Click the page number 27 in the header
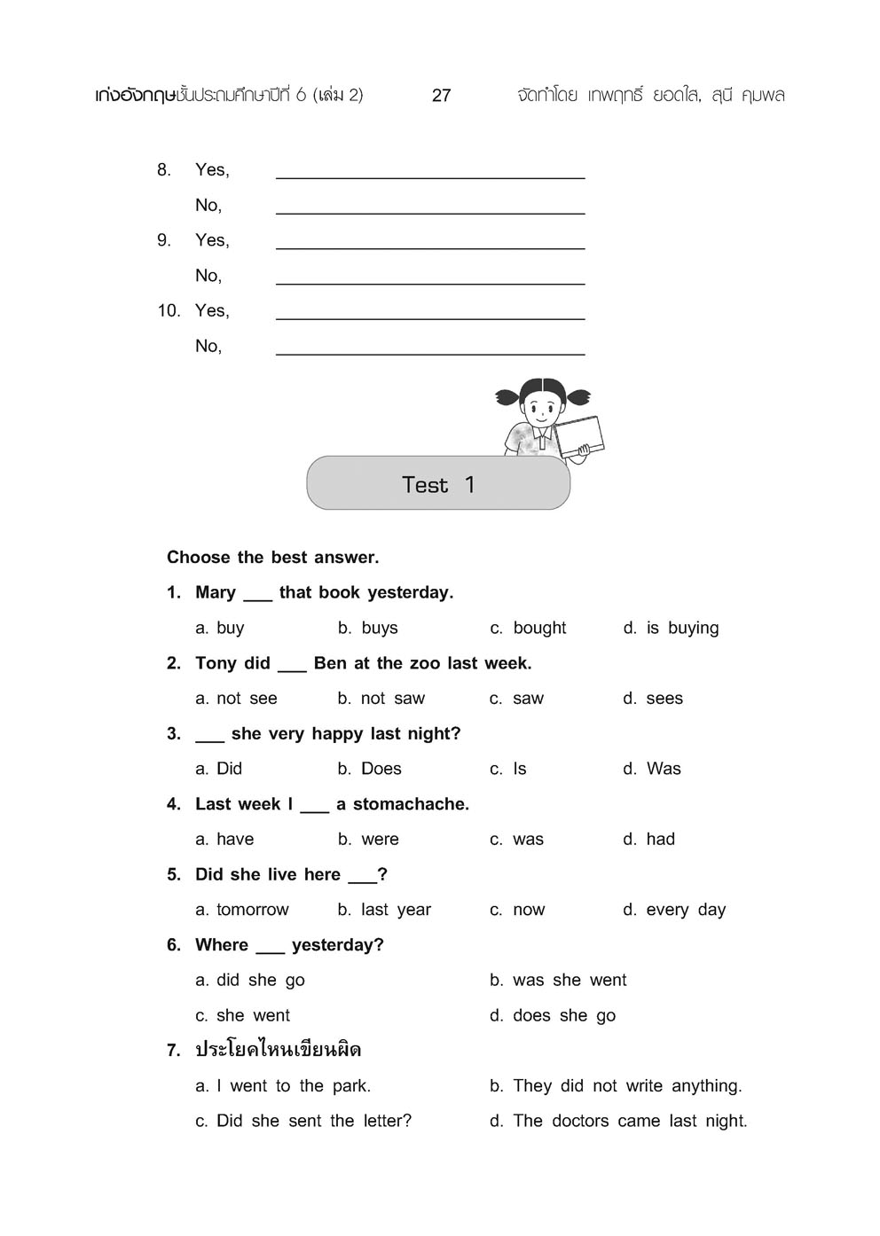(x=441, y=96)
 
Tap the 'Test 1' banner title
(x=438, y=485)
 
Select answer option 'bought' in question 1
(x=538, y=628)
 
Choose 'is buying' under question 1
(x=681, y=628)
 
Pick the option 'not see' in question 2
(x=247, y=699)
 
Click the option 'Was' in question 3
(x=663, y=769)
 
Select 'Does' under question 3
(x=381, y=769)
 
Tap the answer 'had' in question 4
(x=660, y=840)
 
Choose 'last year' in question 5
(x=395, y=910)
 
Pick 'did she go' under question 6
(x=260, y=980)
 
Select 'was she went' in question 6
(x=569, y=980)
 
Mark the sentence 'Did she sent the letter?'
(x=313, y=1122)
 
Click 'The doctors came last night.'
(x=629, y=1122)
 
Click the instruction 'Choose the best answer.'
(x=272, y=558)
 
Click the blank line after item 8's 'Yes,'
(x=430, y=172)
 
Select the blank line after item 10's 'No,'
(x=430, y=348)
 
